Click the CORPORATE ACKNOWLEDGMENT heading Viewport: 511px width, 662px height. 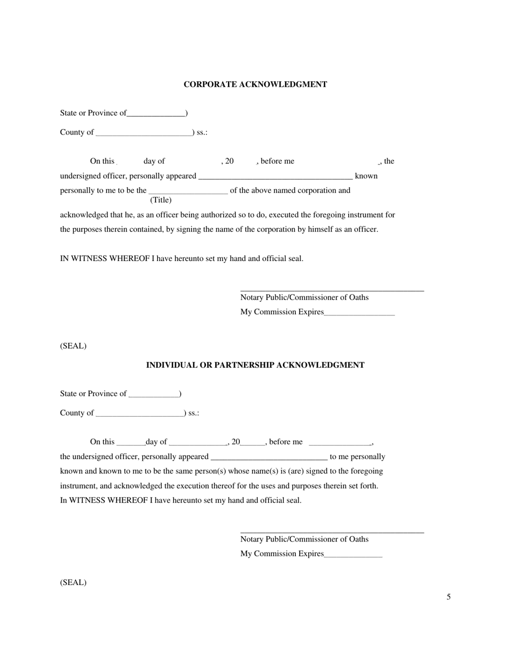pos(255,84)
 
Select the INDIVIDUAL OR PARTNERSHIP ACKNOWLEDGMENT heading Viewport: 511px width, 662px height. pos(255,365)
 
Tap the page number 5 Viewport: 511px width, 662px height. pos(448,596)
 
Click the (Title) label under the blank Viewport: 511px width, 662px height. pos(161,200)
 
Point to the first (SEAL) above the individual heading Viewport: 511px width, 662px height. pos(73,346)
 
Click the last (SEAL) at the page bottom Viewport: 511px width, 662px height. pos(73,582)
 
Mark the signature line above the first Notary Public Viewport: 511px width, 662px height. pos(332,291)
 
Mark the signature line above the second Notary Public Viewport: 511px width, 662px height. pos(332,532)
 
